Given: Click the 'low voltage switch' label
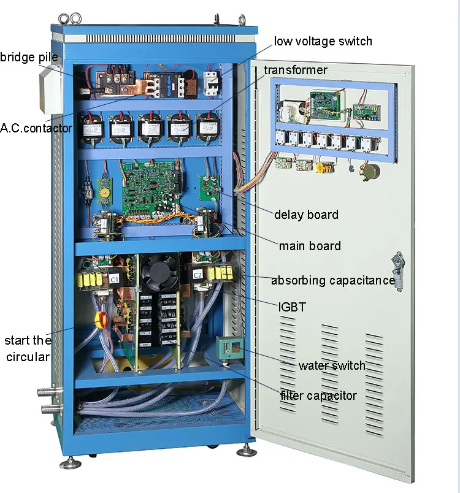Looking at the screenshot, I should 323,42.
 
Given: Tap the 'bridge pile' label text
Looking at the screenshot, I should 29,58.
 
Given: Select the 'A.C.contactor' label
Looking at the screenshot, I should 36,129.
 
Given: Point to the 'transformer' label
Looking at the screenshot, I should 296,70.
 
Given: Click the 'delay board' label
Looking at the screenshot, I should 306,215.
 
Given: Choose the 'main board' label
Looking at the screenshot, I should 310,246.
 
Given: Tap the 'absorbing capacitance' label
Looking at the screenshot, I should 333,280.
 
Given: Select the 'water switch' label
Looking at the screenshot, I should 332,365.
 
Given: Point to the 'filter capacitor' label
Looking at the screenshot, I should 318,396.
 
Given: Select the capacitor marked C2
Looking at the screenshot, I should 197,274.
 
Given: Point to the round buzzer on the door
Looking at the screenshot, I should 370,170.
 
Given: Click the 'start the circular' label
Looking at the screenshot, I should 28,348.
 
